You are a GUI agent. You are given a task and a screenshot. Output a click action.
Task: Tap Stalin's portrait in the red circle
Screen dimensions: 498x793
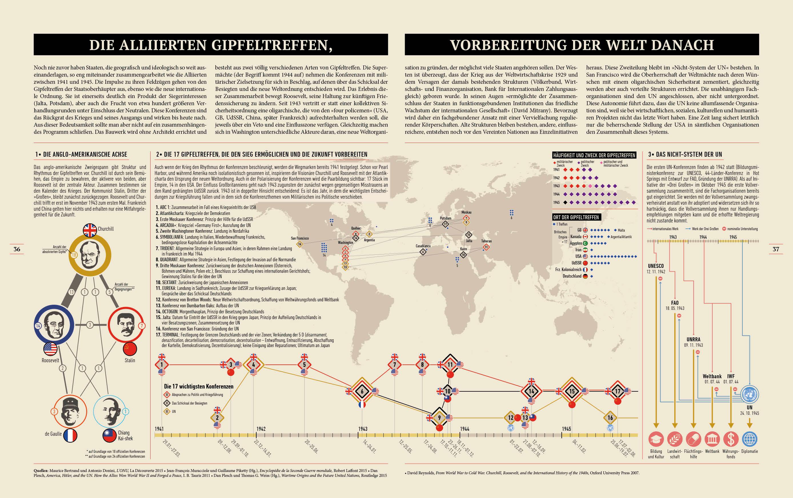[x=125, y=324]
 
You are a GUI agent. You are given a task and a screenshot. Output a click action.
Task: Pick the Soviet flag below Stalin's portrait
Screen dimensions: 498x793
[x=130, y=349]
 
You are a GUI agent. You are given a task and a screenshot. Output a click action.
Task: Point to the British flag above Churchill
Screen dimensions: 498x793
[x=90, y=230]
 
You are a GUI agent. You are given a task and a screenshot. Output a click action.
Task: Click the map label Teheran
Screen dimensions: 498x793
[x=486, y=241]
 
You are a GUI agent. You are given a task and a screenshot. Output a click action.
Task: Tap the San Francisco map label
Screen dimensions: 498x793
[x=300, y=238]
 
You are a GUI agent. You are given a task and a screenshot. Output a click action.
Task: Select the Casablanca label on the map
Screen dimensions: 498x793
[x=423, y=246]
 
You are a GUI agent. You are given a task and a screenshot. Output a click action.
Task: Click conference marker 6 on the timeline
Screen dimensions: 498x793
[x=362, y=392]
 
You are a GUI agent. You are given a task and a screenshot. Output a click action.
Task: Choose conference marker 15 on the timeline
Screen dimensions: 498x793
[x=572, y=392]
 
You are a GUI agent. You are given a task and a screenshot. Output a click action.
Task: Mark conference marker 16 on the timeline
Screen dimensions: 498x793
[x=610, y=418]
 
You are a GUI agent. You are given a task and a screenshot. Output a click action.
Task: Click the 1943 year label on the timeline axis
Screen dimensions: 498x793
[x=363, y=429]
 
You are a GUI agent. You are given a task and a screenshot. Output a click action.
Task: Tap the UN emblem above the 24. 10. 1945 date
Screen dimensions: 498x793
[x=750, y=394]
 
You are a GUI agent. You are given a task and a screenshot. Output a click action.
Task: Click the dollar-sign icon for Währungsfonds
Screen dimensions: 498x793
[x=731, y=439]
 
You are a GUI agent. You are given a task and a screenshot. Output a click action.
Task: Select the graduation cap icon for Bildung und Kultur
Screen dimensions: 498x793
[x=656, y=439]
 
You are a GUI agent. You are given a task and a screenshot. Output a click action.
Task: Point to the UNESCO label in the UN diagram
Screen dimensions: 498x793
[x=656, y=266]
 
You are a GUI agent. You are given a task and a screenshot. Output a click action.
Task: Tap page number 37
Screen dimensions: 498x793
[x=776, y=249]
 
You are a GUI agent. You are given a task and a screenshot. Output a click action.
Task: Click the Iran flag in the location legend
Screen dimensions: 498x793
[x=585, y=250]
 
